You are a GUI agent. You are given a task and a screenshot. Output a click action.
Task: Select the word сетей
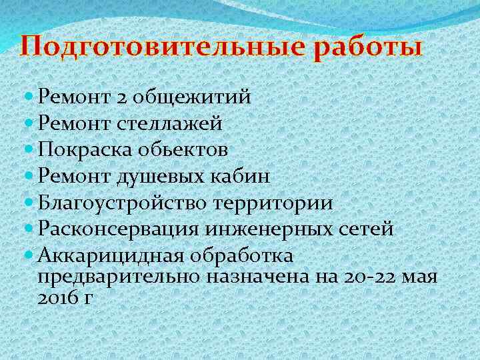tap(367, 229)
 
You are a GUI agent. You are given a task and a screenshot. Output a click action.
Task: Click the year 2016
tap(55, 297)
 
